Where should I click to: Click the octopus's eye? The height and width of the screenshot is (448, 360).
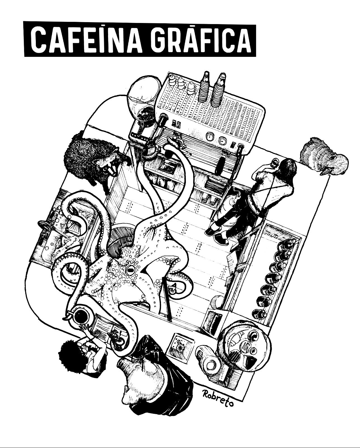point(130,270)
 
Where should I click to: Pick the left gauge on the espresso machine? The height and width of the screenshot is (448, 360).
point(210,136)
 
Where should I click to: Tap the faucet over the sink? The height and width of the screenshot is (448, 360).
point(45,226)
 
